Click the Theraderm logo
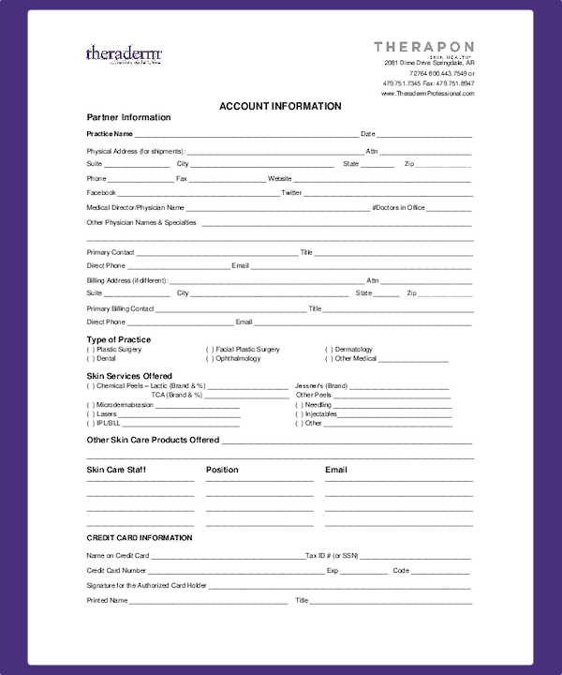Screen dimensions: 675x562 (124, 53)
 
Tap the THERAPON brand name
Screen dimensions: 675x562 (423, 47)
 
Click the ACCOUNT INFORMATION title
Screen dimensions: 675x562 (280, 106)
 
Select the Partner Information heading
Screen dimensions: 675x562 (128, 117)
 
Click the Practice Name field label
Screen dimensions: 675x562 (110, 134)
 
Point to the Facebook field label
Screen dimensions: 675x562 (101, 192)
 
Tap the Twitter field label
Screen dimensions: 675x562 (291, 192)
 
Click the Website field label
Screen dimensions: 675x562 (280, 178)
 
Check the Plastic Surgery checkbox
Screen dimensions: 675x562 (90, 350)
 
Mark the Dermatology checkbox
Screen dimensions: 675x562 (329, 350)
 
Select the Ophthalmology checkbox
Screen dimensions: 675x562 (210, 358)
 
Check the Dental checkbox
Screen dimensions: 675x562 (90, 358)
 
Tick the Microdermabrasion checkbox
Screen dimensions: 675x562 (90, 405)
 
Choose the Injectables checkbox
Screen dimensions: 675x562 (299, 413)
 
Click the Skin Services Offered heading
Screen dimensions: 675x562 (129, 376)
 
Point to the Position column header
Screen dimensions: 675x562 (222, 470)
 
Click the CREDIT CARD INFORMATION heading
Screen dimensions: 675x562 (140, 538)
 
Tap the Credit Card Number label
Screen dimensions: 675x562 (116, 570)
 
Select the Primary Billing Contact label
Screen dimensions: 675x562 (120, 308)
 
